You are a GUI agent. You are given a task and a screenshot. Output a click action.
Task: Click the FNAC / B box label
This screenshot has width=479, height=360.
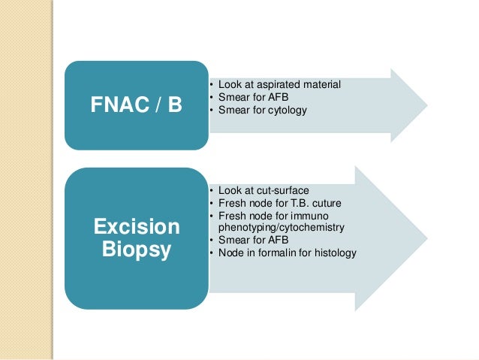[x=136, y=104]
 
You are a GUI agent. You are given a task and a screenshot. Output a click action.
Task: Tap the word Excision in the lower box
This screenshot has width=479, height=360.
[x=136, y=226]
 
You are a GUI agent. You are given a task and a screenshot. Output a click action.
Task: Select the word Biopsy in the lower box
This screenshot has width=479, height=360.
[x=136, y=250]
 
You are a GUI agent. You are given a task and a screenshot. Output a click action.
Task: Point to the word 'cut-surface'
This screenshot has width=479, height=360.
[x=282, y=190]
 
